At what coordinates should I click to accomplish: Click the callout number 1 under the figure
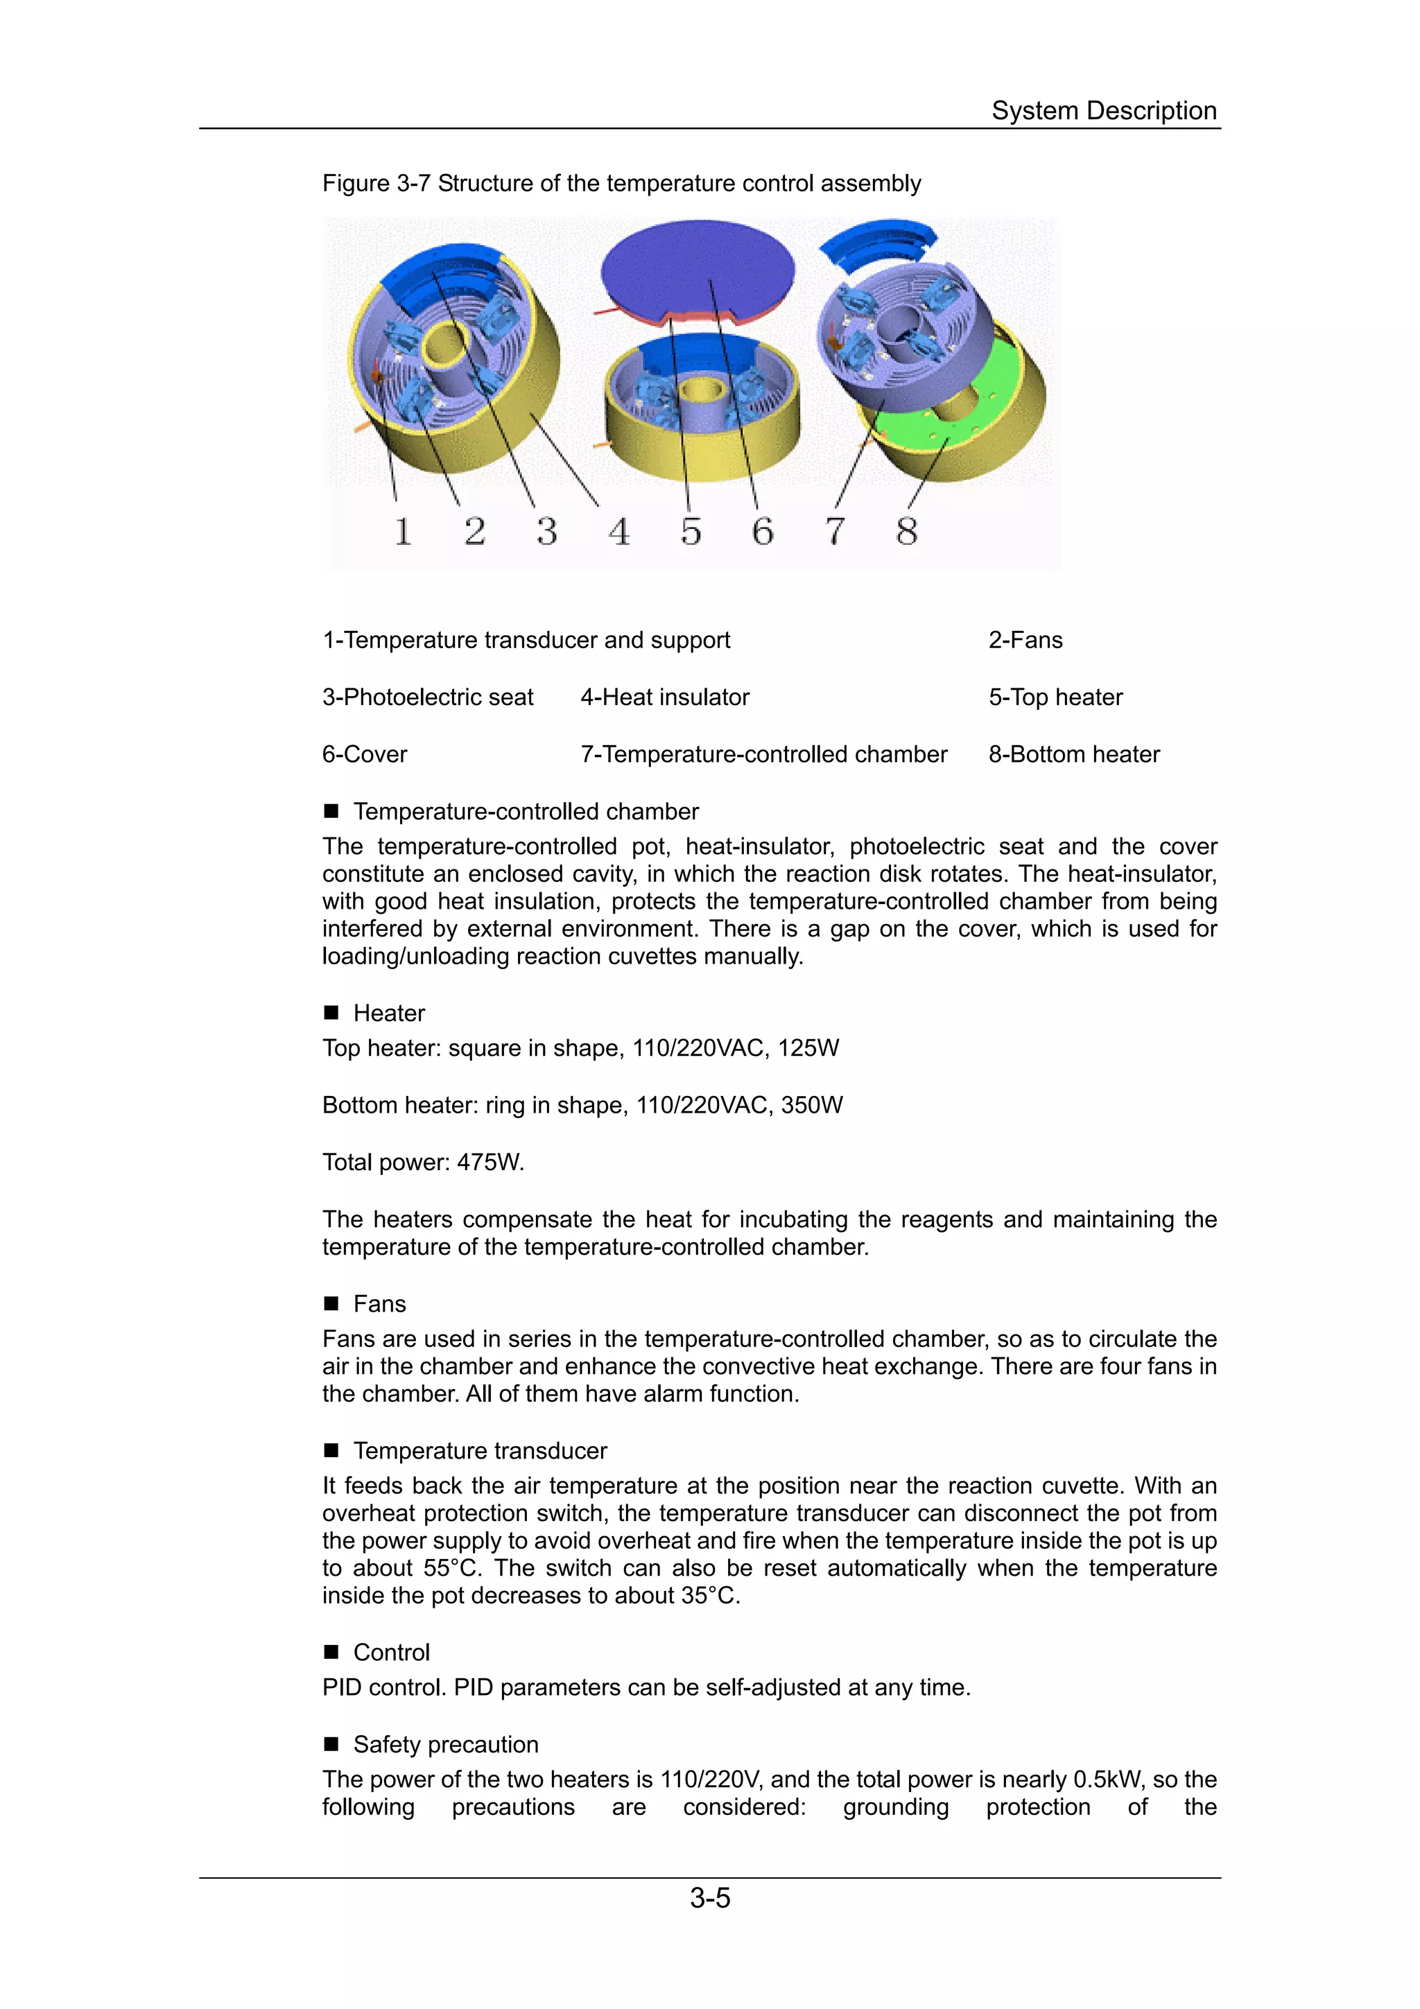(x=402, y=531)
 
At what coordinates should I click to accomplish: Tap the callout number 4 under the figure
(x=619, y=531)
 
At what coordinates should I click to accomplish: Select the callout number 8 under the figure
(x=906, y=531)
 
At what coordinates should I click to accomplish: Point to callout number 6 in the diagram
(x=763, y=531)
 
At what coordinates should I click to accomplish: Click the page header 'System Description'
(x=1103, y=110)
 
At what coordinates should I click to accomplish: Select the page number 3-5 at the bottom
(x=709, y=1897)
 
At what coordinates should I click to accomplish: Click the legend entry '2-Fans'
(x=1025, y=640)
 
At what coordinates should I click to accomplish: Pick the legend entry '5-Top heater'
(x=1055, y=697)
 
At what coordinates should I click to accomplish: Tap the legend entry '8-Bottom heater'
(x=1073, y=754)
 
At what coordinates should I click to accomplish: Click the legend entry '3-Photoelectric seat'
(x=427, y=697)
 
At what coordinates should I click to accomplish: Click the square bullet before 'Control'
(x=331, y=1651)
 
